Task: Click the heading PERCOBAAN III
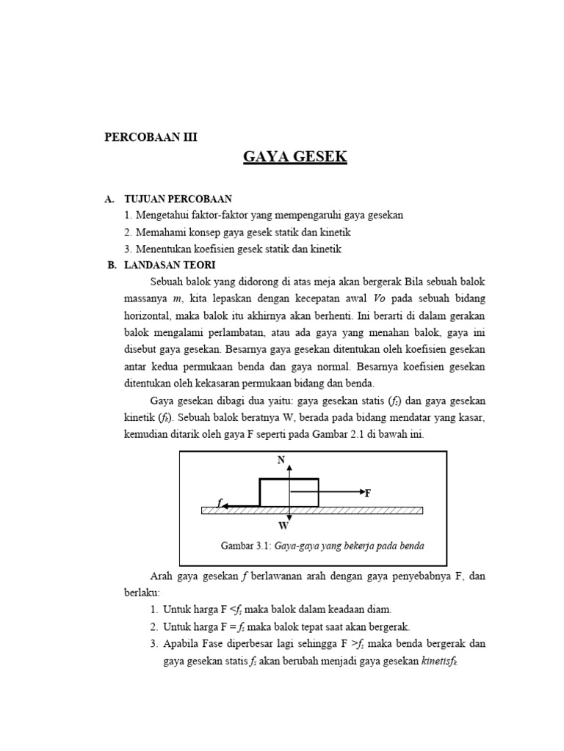(152, 136)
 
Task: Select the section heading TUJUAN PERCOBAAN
(178, 199)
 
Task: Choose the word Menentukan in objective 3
(162, 249)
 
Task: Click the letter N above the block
(280, 460)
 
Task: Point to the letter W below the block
(283, 526)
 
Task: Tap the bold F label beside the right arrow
(369, 494)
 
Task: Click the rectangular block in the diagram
(289, 492)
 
